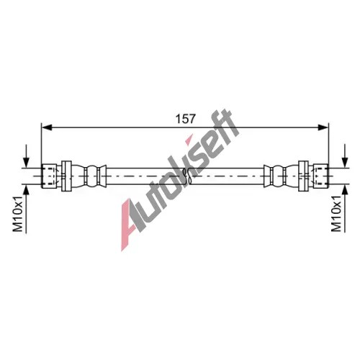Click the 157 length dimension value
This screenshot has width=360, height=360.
186,119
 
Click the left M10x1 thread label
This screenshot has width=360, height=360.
19,213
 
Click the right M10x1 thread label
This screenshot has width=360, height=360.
336,213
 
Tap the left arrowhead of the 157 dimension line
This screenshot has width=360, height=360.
47,127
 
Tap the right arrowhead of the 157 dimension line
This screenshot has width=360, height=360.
323,127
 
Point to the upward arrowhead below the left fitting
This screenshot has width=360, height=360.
26,190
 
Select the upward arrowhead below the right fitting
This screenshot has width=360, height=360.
345,190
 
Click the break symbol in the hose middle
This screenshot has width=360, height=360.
187,176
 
